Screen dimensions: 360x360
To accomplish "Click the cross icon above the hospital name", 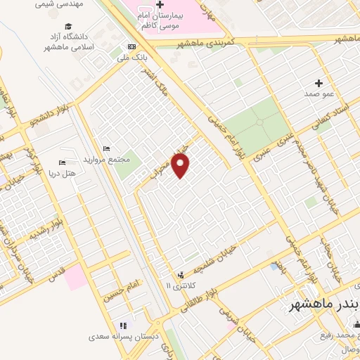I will [160, 4].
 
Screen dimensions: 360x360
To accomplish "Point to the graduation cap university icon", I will [68, 27].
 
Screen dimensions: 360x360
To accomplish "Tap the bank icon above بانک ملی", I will [131, 47].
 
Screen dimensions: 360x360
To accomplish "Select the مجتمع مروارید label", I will [106, 160].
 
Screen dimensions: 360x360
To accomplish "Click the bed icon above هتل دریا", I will [62, 162].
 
